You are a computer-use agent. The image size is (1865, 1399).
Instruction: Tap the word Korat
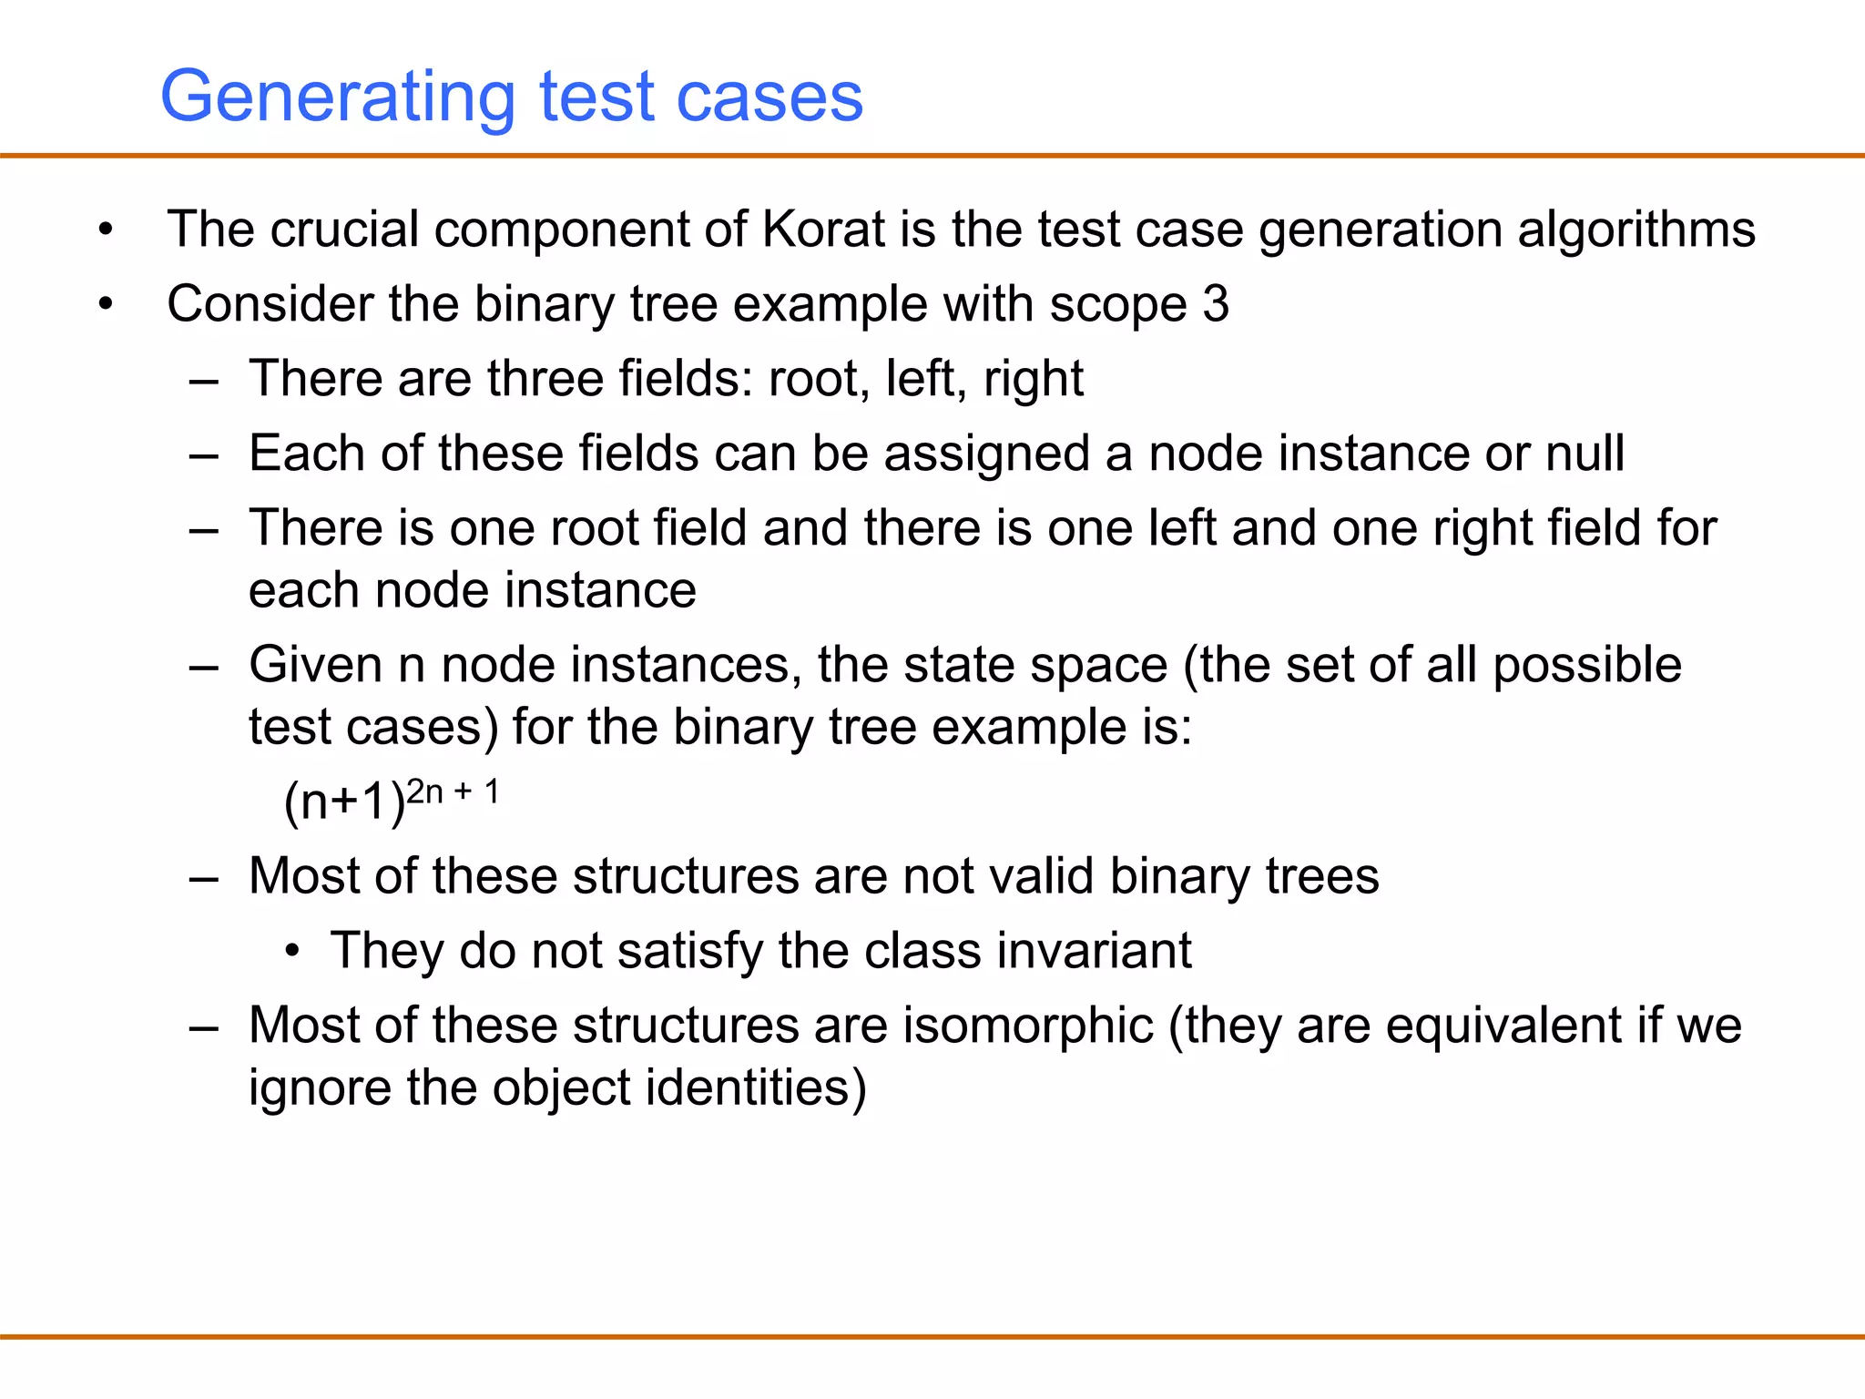(x=823, y=229)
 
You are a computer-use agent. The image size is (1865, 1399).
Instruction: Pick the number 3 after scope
(x=1216, y=303)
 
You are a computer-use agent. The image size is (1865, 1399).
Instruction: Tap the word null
(x=1585, y=453)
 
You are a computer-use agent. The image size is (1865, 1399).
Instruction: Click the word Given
(x=315, y=664)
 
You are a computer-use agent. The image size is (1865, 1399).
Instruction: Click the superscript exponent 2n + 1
(x=453, y=791)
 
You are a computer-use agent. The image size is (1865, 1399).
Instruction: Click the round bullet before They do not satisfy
(x=291, y=952)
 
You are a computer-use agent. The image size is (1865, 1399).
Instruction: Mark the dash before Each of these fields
(x=204, y=454)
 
